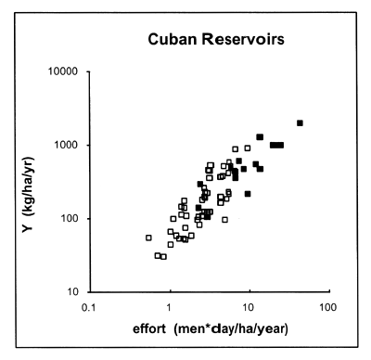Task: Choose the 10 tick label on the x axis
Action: [x=248, y=306]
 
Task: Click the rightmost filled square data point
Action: [x=300, y=122]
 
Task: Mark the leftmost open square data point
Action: [x=148, y=238]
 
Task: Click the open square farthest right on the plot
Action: [x=248, y=148]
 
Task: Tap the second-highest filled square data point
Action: [x=260, y=137]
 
